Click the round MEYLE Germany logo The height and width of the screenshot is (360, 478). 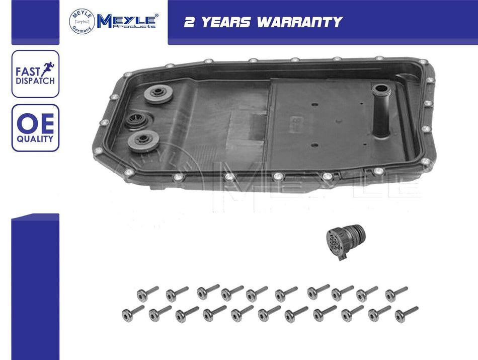(x=82, y=21)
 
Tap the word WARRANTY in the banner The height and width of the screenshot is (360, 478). (x=300, y=22)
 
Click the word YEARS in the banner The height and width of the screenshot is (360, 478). (x=226, y=22)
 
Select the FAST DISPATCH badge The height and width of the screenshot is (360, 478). (x=35, y=74)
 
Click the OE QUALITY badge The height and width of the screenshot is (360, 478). (x=35, y=128)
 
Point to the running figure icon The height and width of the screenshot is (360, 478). (x=48, y=69)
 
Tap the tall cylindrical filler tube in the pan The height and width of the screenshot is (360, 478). (x=381, y=111)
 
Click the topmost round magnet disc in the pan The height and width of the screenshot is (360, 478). (x=158, y=94)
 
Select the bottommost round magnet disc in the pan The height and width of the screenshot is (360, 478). (x=143, y=141)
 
